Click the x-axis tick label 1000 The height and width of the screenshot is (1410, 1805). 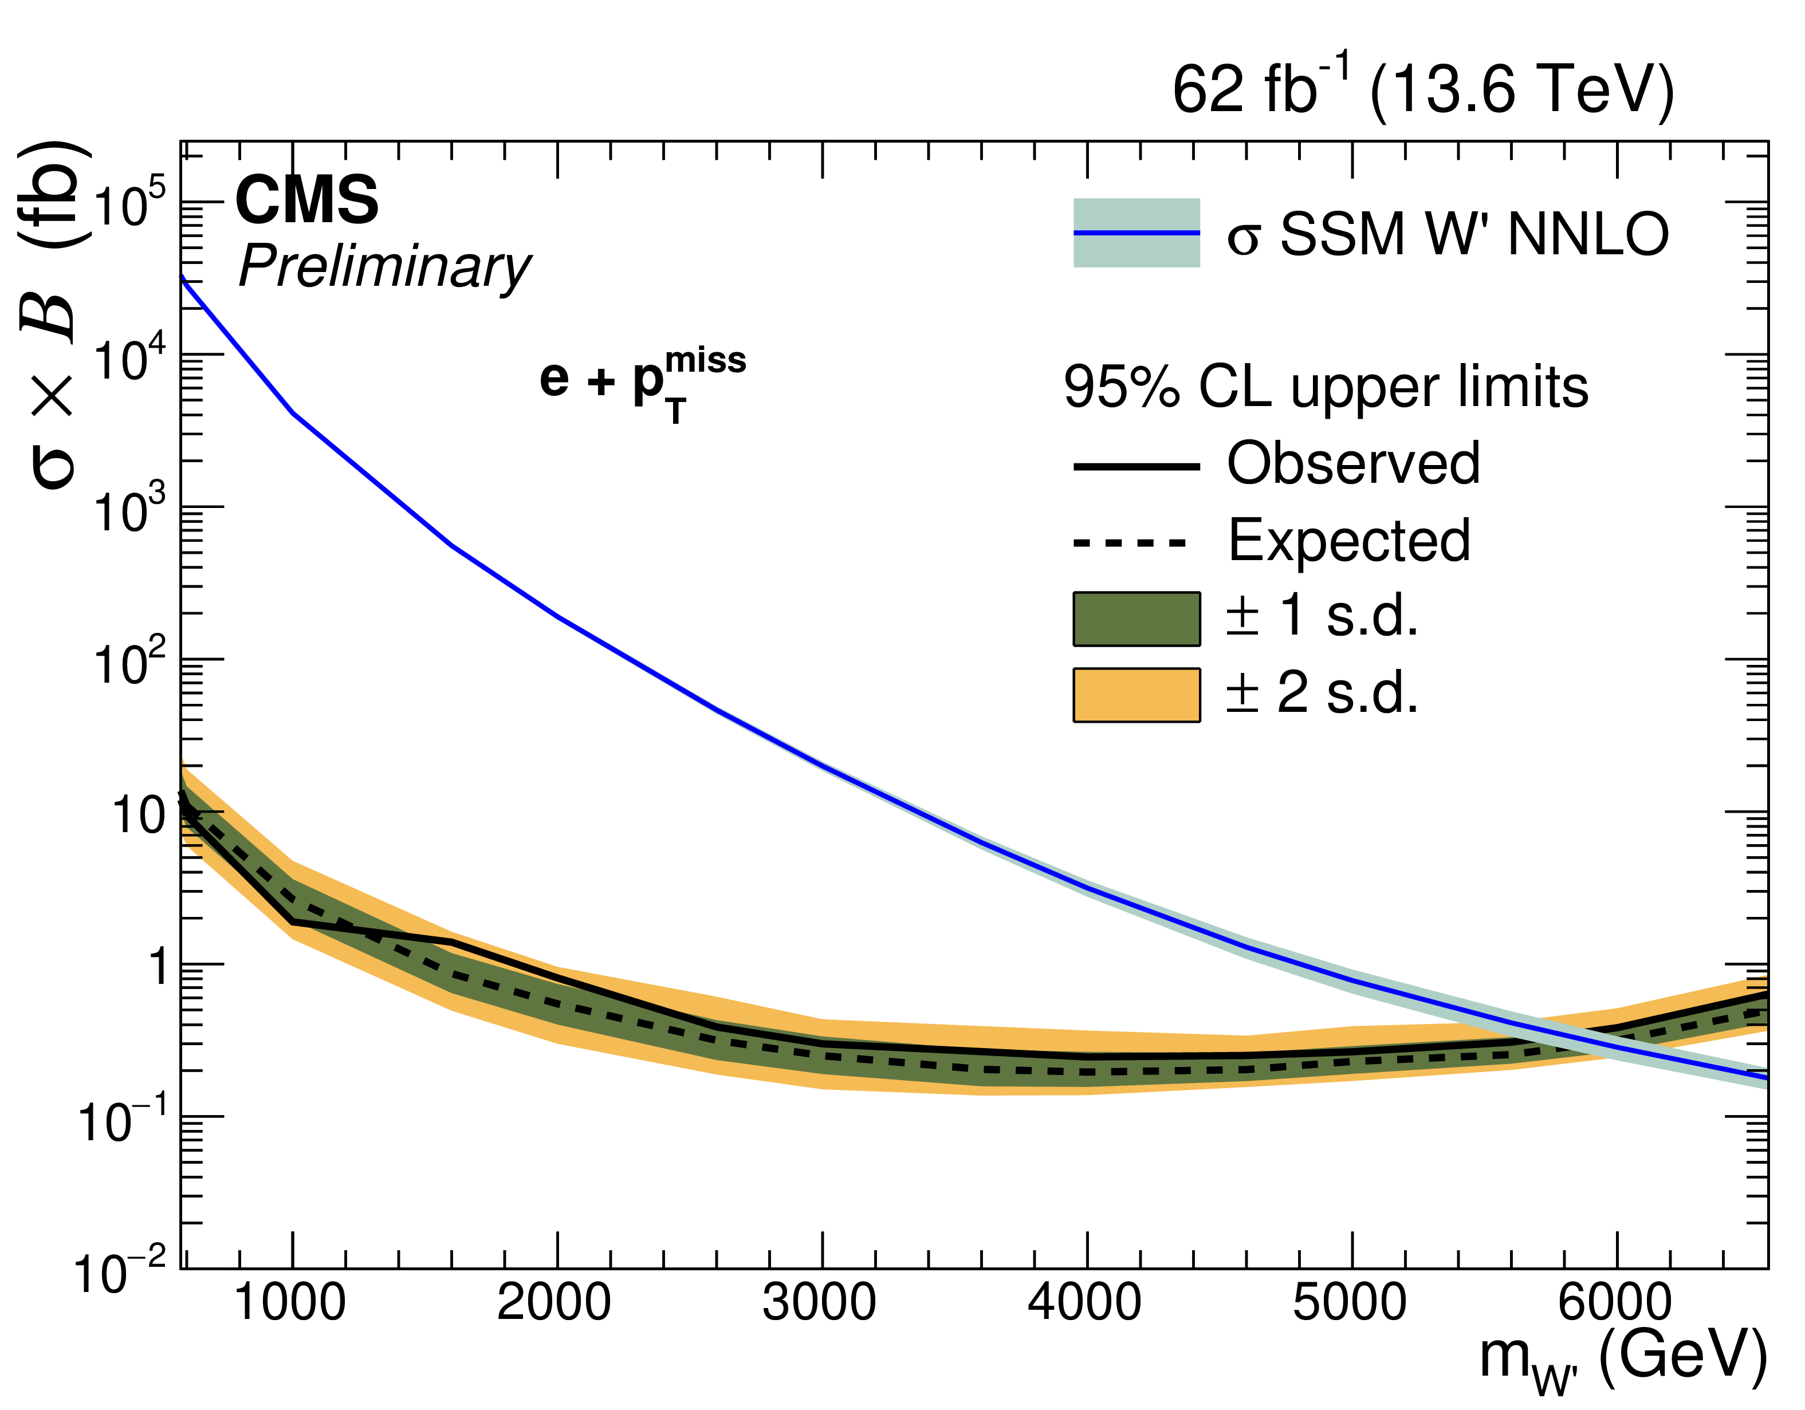tap(290, 1303)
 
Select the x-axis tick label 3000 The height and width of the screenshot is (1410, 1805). tap(819, 1303)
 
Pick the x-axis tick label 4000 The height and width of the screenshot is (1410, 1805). tap(1084, 1303)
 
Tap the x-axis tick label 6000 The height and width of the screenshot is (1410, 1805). tap(1614, 1303)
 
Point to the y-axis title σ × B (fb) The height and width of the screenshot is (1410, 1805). tap(54, 314)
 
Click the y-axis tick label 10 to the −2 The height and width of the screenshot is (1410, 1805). tap(120, 1272)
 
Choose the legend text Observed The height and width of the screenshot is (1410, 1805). tap(1353, 464)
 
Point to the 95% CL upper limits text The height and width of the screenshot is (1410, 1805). tap(1326, 387)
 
